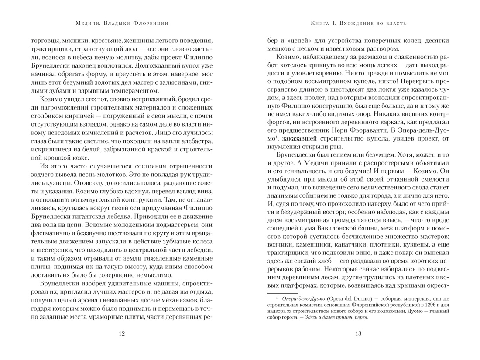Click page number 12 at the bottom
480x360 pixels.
point(121,334)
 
